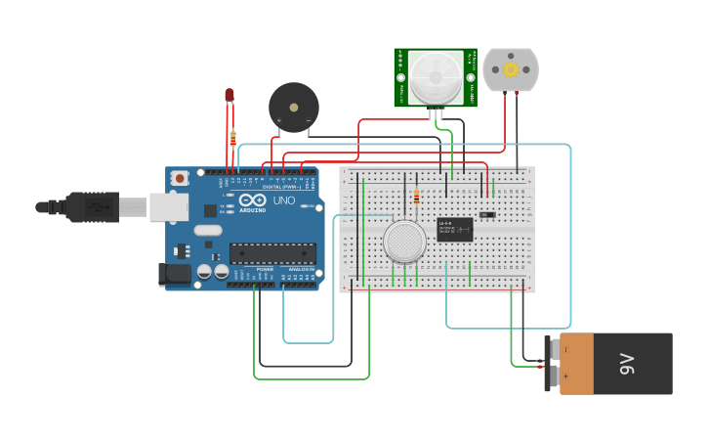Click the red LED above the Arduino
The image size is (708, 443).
[229, 95]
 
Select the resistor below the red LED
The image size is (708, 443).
[232, 138]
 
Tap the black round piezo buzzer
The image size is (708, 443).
[293, 107]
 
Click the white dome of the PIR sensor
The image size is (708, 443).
[435, 77]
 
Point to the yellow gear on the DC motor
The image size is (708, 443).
[510, 69]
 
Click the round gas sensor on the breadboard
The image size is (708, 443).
[404, 241]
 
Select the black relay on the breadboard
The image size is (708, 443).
[454, 229]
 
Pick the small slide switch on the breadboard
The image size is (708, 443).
[487, 215]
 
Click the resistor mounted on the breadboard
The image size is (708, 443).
[417, 198]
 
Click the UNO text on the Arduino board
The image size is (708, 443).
[283, 200]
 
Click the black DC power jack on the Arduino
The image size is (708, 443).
[175, 275]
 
